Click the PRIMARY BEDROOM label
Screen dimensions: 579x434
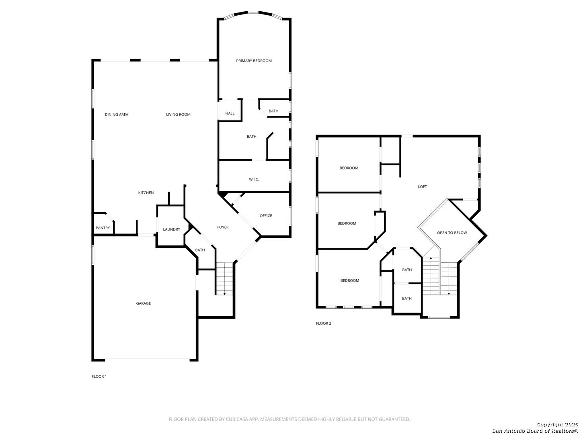[x=253, y=61]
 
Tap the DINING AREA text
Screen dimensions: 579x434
[x=116, y=115]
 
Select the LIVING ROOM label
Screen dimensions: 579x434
[x=178, y=115]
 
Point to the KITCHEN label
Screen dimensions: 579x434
[x=146, y=192]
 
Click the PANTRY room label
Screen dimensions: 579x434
[x=103, y=228]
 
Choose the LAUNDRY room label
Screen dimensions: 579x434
[x=171, y=229]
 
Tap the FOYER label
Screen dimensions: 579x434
[x=223, y=227]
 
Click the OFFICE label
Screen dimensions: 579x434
[x=266, y=215]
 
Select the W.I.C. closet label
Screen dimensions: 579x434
[x=254, y=180]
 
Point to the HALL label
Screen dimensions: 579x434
[x=230, y=113]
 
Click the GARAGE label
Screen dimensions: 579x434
[x=143, y=303]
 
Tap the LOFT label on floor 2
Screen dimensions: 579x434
[x=422, y=186]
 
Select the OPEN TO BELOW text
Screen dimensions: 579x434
[x=452, y=233]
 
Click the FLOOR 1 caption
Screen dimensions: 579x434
[x=99, y=376]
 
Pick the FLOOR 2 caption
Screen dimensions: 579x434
[x=323, y=323]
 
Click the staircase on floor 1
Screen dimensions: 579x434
[x=224, y=278]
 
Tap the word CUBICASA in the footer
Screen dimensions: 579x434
[x=236, y=419]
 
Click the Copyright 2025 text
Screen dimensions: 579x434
[x=557, y=424]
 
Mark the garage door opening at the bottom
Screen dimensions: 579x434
[x=147, y=359]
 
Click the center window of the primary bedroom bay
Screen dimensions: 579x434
[x=253, y=12]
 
